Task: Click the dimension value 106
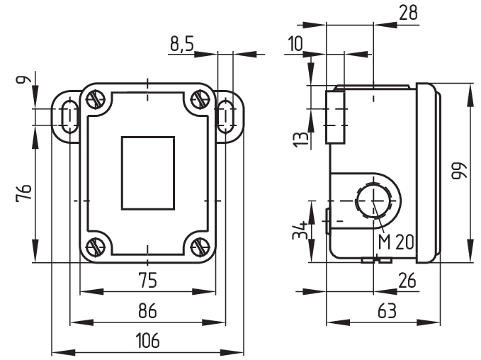coord(147,341)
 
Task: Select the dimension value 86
coord(147,310)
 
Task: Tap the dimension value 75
coord(147,281)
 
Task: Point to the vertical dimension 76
coord(23,192)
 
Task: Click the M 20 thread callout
coord(395,242)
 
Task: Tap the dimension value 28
coord(408,12)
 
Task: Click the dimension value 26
coord(406,281)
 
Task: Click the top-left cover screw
coord(97,100)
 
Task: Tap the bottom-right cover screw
coord(198,247)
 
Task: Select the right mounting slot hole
coord(226,116)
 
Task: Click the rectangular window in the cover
coord(147,173)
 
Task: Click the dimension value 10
coord(295,44)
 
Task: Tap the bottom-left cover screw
coord(97,247)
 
